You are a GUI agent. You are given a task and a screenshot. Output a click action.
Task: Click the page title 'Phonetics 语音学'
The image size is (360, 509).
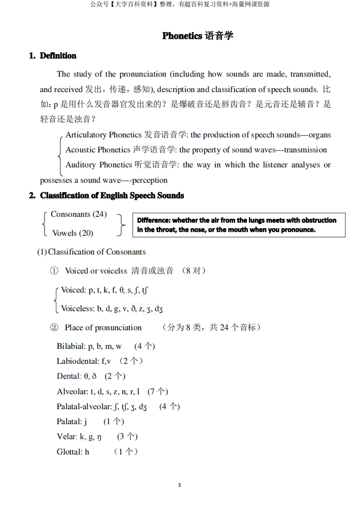197,36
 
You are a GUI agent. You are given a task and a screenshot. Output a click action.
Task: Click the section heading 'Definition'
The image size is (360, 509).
58,56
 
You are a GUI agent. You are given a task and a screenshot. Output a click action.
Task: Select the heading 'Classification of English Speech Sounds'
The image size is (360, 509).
112,196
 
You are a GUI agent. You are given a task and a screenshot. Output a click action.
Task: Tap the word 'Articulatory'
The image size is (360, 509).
86,135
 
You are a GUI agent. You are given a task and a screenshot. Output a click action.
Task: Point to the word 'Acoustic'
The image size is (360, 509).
81,150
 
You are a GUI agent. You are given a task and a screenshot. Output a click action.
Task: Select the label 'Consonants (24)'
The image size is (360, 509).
79,214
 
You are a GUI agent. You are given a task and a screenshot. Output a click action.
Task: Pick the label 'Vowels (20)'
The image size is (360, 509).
73,233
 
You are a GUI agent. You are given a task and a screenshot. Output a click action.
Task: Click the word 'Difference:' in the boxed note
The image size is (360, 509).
154,220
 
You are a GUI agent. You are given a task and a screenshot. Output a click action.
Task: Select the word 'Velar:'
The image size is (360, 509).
67,436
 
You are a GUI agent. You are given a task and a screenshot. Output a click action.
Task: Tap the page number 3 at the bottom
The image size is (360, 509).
179,485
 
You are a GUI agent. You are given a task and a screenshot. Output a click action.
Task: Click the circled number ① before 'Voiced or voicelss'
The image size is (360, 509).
54,271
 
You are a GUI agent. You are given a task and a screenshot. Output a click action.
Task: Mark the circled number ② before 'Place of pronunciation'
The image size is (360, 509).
54,328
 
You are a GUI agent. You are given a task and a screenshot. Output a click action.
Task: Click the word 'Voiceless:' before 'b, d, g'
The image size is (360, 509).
78,309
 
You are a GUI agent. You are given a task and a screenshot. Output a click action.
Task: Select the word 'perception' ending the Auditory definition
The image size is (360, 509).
150,180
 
